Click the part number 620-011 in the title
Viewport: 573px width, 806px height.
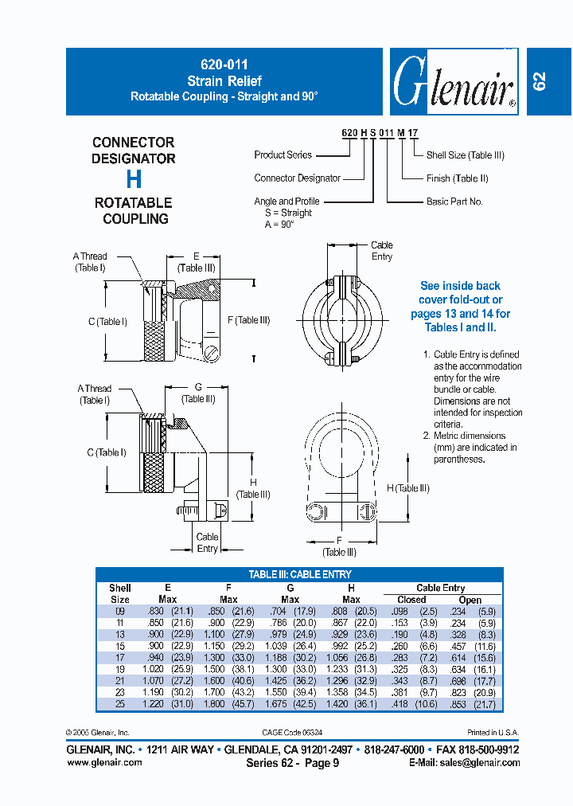(x=224, y=66)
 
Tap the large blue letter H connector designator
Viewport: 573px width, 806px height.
(x=134, y=180)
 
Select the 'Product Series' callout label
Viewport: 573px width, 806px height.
(x=283, y=155)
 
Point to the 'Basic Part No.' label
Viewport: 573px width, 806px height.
(x=454, y=202)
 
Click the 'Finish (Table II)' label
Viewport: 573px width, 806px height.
(x=458, y=178)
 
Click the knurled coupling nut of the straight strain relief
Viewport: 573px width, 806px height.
(x=157, y=339)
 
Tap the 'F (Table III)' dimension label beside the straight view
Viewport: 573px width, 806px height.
(x=248, y=320)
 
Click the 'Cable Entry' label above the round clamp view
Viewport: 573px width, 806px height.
(x=382, y=251)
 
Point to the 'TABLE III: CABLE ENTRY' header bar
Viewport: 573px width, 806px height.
(x=299, y=574)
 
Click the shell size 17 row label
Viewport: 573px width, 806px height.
(x=119, y=658)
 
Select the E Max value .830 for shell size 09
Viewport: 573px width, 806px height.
(x=155, y=611)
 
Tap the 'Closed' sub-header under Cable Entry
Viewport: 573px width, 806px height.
(x=411, y=600)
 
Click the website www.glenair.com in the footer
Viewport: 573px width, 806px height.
(x=105, y=762)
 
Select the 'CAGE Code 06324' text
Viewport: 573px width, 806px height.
(x=293, y=732)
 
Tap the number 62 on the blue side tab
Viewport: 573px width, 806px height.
(x=540, y=81)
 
